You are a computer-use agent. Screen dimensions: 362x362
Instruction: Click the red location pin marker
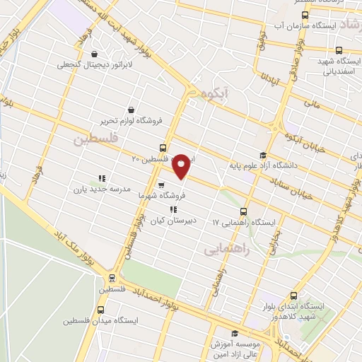click(182, 166)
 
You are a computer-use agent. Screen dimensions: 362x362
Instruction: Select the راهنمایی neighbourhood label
click(223, 250)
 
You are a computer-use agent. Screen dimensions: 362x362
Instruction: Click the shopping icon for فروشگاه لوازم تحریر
click(132, 109)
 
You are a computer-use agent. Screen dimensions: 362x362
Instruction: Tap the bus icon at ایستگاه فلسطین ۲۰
click(164, 148)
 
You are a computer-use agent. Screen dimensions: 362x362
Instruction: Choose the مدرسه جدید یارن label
click(99, 190)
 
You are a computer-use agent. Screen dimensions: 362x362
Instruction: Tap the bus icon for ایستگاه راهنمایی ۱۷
click(244, 211)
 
